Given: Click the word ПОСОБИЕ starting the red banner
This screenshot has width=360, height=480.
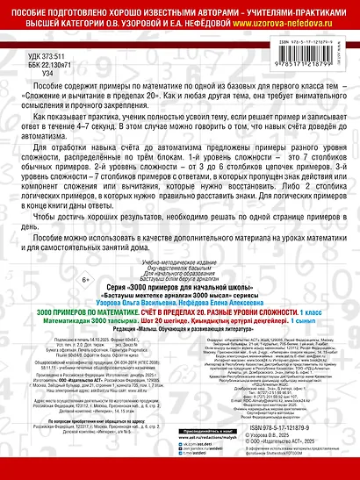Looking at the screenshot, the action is (31, 8).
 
